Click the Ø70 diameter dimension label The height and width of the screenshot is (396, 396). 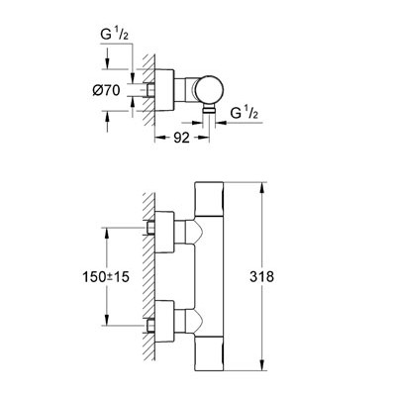tap(106, 90)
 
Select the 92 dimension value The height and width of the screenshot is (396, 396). tap(181, 138)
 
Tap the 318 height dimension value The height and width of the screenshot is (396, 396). tap(261, 276)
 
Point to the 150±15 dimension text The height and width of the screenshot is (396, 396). tap(106, 277)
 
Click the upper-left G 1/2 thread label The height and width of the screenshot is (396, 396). tap(114, 36)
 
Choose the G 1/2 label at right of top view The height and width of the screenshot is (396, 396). tap(244, 113)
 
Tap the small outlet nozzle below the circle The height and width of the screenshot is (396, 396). tap(209, 110)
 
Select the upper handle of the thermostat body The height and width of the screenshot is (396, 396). tap(209, 199)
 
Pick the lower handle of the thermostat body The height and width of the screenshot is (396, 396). tap(209, 354)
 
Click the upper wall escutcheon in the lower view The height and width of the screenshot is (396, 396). tap(164, 232)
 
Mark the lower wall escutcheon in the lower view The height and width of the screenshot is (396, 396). tap(164, 322)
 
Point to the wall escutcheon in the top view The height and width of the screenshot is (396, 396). tap(164, 90)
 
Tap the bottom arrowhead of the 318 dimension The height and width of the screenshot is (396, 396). tap(262, 366)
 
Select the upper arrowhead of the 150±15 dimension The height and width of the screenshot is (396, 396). tap(107, 233)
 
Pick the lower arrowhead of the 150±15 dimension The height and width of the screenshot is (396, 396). tap(107, 320)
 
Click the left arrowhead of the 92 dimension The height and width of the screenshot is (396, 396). tap(160, 138)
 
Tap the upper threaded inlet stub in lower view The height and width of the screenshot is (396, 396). tap(150, 228)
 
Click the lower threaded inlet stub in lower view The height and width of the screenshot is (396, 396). tap(150, 326)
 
